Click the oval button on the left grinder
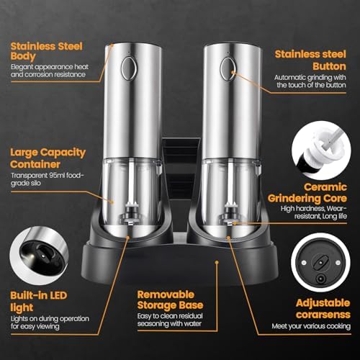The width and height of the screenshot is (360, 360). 129,68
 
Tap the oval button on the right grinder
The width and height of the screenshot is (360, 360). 228,68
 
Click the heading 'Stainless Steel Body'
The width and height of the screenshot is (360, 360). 47,51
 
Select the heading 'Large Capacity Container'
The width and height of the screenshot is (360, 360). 48,158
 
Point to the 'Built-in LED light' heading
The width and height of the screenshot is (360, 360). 38,301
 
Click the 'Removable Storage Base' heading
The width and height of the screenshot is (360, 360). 170,300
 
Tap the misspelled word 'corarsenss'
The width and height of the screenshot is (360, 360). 323,315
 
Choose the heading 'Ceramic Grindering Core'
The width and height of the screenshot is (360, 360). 307,193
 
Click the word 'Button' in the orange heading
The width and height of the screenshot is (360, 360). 329,66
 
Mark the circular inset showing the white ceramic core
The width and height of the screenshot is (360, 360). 321,150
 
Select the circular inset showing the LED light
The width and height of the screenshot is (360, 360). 39,256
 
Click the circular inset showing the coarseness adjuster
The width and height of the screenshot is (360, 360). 321,262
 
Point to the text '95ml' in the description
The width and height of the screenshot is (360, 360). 57,175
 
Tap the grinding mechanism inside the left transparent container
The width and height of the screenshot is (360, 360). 131,212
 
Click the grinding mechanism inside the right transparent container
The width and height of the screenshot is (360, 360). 230,212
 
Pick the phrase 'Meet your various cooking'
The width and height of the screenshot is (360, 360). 311,326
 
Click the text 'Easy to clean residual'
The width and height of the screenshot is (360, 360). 170,316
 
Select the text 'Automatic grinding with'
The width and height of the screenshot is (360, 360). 310,78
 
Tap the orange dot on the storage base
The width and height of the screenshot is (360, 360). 217,262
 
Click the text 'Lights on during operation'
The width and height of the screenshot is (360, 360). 50,319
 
